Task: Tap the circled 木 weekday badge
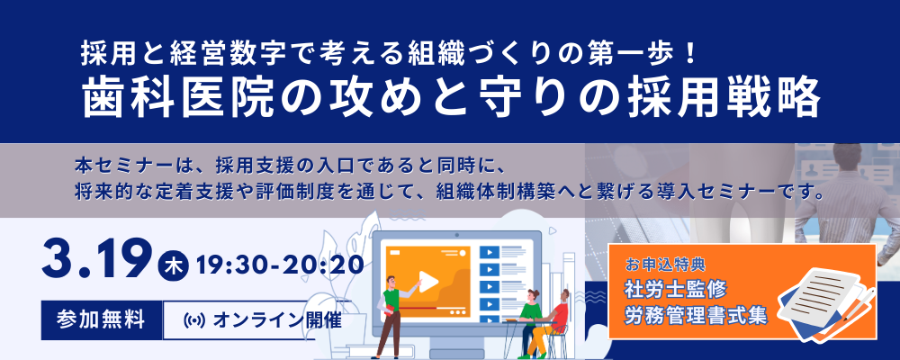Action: [174, 266]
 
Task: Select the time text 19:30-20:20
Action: [279, 265]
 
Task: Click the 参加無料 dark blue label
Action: [101, 319]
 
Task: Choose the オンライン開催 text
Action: [276, 319]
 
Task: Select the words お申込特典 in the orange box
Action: [666, 265]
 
